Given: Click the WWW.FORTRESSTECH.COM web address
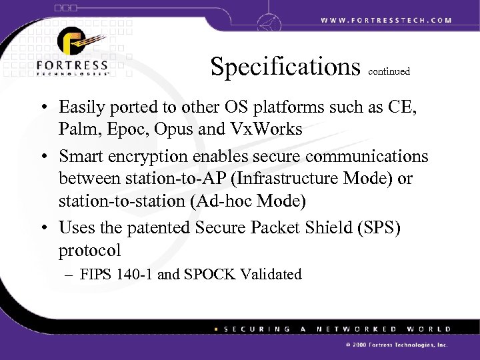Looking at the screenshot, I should pyautogui.click(x=386, y=20).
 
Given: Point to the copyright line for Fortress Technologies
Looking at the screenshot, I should pyautogui.click(x=394, y=346).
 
